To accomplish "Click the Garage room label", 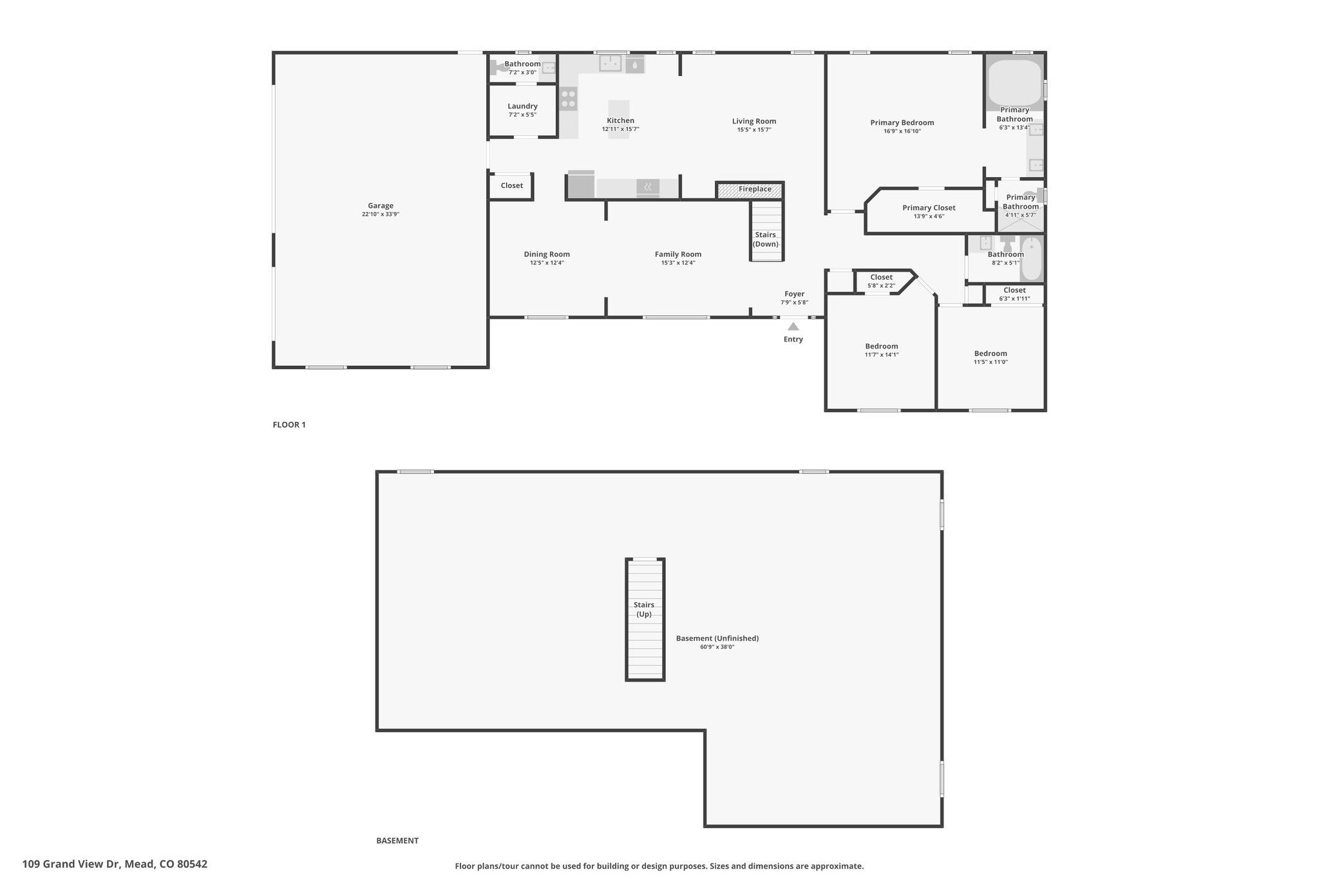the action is tap(381, 206).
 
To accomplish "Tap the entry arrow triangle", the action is tap(793, 326).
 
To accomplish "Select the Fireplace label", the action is tap(755, 189).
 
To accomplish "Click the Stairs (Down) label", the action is tap(766, 240).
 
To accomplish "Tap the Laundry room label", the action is tap(522, 106).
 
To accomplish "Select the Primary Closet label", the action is tap(929, 208).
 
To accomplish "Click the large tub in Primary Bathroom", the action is tap(1015, 83).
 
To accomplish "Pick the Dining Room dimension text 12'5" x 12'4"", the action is tap(547, 263).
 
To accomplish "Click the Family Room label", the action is tap(678, 254).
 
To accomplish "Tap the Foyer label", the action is tap(795, 294).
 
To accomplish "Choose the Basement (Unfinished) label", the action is tap(717, 638).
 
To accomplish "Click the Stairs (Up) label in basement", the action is tap(644, 609).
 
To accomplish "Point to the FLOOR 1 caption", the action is tap(289, 425).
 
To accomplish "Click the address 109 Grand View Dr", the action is tap(71, 864).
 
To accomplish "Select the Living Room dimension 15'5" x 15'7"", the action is tap(754, 130).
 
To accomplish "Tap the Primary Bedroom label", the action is tap(902, 123).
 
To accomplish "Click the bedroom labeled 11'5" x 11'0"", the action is tap(991, 357).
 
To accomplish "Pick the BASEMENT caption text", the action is tap(397, 840).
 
